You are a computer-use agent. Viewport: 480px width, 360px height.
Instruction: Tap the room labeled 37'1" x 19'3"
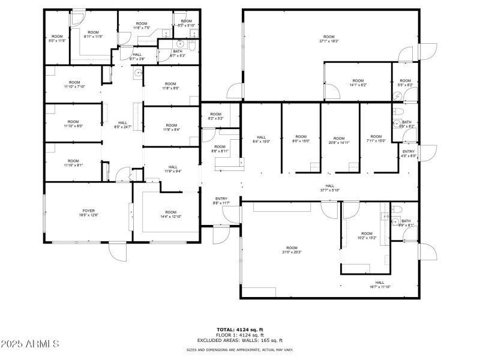pos(329,39)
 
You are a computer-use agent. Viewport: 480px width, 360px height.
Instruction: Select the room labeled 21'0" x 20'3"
pos(292,250)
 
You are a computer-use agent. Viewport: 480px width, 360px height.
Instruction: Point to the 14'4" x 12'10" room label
pos(171,214)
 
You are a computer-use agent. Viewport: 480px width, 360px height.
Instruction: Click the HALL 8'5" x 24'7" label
pos(122,125)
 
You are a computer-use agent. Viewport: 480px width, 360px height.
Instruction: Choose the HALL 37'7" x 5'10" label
pos(329,188)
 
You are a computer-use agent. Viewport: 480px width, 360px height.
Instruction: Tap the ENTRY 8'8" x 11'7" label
pos(221,201)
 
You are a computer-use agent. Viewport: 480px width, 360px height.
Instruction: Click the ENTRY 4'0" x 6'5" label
pos(408,154)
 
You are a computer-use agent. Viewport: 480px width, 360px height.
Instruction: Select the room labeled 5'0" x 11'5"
pos(56,38)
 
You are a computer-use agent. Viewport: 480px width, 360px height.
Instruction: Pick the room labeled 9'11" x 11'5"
pos(93,35)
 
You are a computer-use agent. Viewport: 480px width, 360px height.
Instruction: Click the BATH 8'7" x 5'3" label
pos(178,53)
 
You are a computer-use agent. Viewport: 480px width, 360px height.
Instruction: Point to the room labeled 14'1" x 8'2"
pos(358,83)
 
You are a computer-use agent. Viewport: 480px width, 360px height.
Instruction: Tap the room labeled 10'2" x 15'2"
pos(366,236)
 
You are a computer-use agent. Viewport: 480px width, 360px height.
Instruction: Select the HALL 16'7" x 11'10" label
pos(379,284)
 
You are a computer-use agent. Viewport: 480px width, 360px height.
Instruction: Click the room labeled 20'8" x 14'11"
pos(339,140)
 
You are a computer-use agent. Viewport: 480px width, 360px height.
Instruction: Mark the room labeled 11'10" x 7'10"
pos(74,85)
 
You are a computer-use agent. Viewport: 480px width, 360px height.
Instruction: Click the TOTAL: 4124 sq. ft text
pos(239,329)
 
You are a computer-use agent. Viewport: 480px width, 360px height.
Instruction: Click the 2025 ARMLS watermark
pos(30,344)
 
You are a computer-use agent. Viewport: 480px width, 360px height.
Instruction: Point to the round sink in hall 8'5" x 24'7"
pos(138,73)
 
